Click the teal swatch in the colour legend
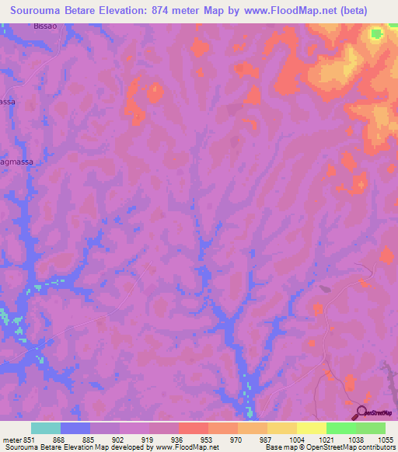tap(46, 428)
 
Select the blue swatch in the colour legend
tap(75, 428)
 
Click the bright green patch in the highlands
tap(377, 33)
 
